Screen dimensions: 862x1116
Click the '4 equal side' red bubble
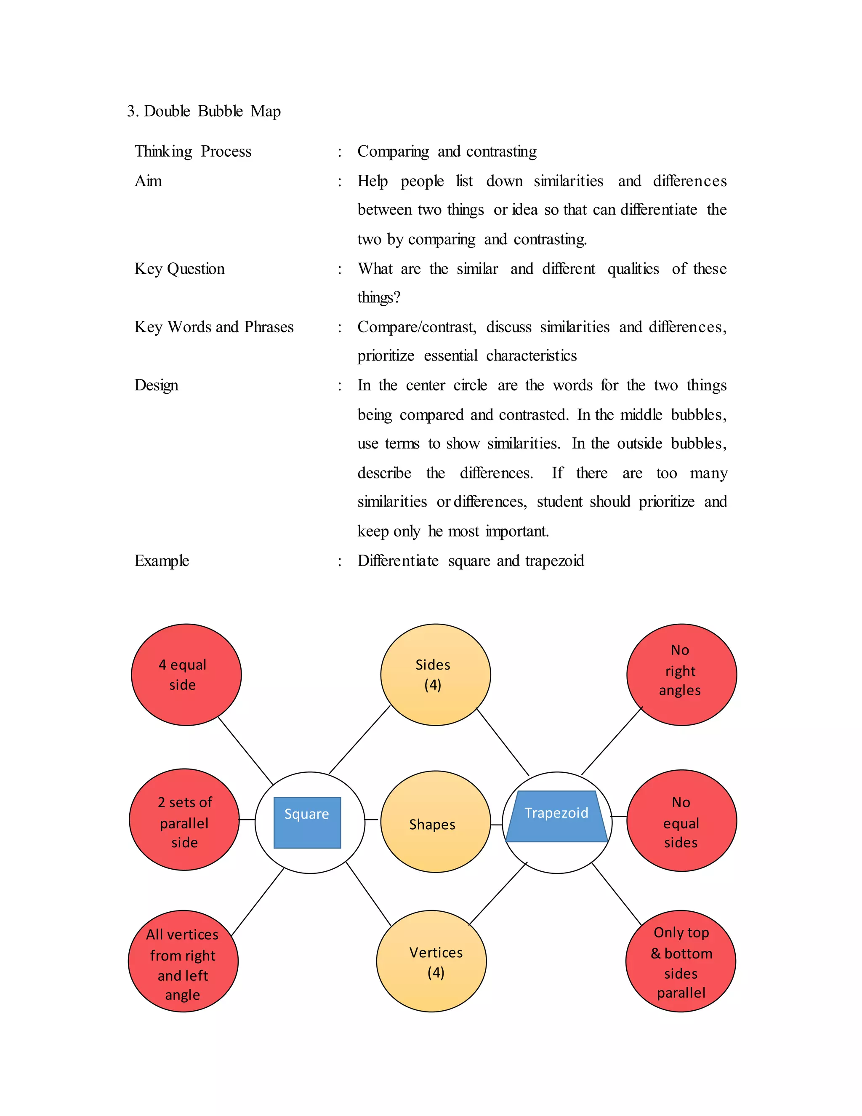coord(186,675)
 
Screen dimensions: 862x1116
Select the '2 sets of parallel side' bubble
coord(184,820)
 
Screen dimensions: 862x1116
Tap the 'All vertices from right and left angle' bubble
coord(183,961)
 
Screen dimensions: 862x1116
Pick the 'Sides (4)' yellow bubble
coord(435,675)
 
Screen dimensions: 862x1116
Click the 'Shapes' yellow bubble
coord(435,822)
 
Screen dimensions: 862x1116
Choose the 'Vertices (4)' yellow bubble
coord(431,961)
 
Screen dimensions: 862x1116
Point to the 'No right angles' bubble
coord(681,675)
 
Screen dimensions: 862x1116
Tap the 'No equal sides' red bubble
coord(681,821)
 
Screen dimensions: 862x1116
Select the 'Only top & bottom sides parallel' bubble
coord(680,961)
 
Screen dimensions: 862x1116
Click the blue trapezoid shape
coord(556,816)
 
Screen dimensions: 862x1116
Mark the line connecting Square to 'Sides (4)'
coord(359,740)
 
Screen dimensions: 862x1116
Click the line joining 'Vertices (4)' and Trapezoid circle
coord(498,893)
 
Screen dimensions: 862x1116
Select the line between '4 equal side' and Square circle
coord(246,750)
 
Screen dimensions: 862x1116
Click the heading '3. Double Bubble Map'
coord(204,111)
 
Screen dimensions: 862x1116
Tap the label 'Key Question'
coord(179,269)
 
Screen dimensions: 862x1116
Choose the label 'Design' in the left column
coord(156,385)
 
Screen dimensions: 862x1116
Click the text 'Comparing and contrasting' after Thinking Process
coord(447,151)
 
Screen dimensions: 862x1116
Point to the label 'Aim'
coord(148,181)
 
